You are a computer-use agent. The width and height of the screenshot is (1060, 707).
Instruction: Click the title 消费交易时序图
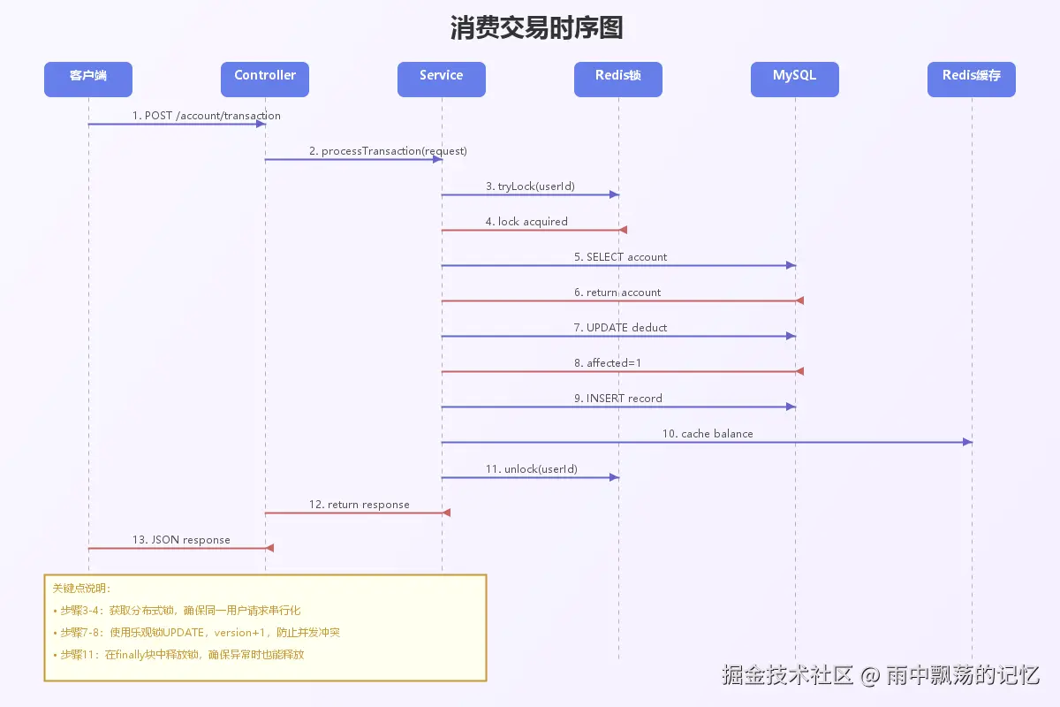point(536,28)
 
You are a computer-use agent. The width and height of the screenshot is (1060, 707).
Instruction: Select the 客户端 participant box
point(88,79)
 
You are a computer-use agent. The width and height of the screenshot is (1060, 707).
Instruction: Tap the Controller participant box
point(265,79)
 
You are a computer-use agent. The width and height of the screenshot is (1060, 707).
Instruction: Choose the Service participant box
point(442,79)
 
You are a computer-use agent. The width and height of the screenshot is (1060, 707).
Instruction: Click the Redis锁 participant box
point(618,79)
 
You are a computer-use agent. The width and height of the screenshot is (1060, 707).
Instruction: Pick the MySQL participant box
point(795,79)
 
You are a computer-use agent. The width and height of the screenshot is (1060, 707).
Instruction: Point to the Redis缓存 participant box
point(972,79)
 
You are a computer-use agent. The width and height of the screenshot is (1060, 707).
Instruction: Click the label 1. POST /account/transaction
point(207,116)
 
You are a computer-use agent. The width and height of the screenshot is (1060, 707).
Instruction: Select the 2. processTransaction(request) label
point(388,151)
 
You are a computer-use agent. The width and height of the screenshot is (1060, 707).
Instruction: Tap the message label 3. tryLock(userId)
point(530,186)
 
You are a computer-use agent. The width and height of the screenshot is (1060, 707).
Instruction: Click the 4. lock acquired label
point(526,222)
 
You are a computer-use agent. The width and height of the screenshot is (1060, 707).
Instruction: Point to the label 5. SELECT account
point(621,257)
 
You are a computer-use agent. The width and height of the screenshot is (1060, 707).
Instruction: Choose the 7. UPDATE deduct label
point(621,328)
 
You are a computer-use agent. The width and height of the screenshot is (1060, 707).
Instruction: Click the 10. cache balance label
point(708,434)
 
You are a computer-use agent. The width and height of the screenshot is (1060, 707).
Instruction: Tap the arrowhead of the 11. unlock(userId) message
point(615,477)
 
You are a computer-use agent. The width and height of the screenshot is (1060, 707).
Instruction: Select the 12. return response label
point(360,505)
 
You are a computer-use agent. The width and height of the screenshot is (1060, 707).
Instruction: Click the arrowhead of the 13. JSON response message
point(269,548)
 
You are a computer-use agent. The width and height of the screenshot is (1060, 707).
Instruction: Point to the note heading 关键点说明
point(82,589)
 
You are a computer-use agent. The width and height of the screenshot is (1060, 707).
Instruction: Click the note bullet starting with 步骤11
point(182,655)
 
